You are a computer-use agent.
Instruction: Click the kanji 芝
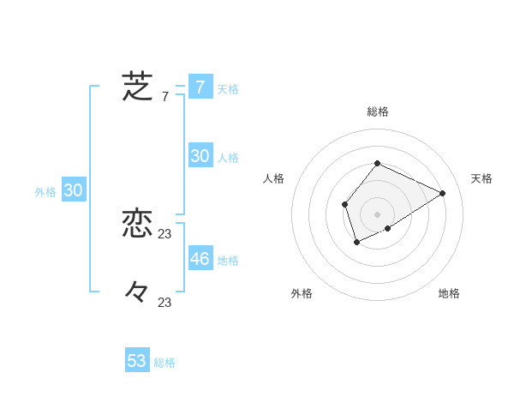pos(137,87)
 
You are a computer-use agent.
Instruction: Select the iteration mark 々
pos(137,292)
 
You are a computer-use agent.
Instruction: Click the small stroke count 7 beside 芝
pos(164,96)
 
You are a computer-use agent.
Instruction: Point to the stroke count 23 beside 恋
pos(164,233)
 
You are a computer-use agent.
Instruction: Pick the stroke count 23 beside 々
pos(164,302)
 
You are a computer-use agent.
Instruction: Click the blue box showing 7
pos(200,87)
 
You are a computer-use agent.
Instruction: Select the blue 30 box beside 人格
pos(200,156)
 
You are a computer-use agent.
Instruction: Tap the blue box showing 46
pos(200,258)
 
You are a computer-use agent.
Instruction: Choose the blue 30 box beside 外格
pos(73,190)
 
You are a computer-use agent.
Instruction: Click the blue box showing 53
pos(137,361)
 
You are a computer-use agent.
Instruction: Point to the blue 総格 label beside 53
pos(164,363)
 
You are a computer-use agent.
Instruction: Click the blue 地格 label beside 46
pos(228,261)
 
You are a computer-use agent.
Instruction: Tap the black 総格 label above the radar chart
pos(377,111)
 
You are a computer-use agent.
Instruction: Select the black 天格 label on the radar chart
pos(481,178)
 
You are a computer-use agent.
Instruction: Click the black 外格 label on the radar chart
pos(302,293)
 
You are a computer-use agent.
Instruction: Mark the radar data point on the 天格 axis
pos(443,192)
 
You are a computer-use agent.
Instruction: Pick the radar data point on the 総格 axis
pos(377,163)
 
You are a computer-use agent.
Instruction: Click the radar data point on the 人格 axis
pos(344,204)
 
